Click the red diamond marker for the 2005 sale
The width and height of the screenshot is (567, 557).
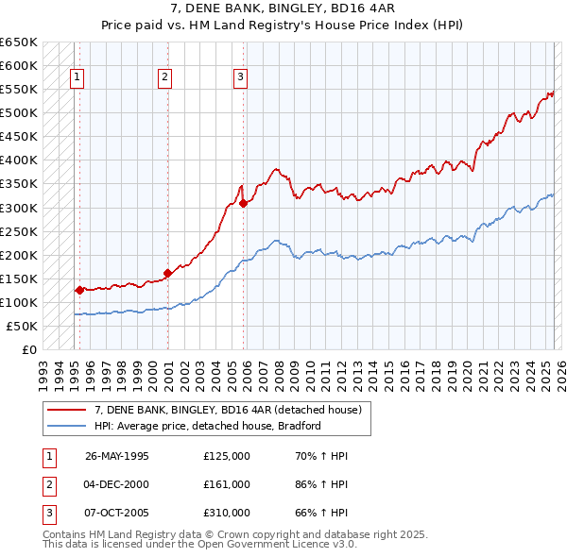244,202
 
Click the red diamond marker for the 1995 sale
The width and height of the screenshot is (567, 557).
79,290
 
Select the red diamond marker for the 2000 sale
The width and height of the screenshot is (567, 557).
167,273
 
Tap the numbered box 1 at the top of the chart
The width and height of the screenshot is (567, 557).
76,77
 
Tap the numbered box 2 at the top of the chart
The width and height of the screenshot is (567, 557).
164,77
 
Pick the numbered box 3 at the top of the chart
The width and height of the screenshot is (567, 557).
241,77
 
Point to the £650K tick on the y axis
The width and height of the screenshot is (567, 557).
19,42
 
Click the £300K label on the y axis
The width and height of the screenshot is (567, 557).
19,208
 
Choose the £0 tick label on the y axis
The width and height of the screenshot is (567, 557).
28,349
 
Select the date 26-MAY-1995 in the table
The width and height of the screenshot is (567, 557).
117,456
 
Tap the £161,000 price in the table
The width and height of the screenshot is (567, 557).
227,484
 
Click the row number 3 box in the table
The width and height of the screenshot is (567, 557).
47,513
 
